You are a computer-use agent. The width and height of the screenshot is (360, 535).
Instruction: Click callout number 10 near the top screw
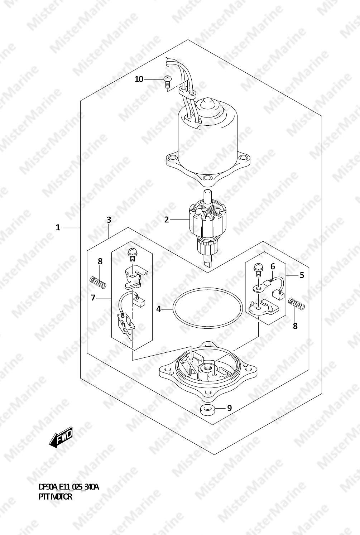[139, 79]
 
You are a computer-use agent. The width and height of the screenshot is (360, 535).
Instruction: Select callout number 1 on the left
[58, 228]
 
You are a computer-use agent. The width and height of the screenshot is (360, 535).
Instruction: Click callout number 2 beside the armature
[167, 220]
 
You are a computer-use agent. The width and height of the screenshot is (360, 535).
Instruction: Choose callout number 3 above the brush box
[109, 220]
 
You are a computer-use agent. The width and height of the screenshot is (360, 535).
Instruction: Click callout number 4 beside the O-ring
[159, 309]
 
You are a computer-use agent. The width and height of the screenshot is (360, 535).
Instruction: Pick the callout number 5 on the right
[302, 275]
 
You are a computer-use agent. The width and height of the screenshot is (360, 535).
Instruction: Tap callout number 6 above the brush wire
[273, 266]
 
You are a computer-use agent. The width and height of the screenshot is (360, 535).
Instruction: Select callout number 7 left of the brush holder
[93, 298]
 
